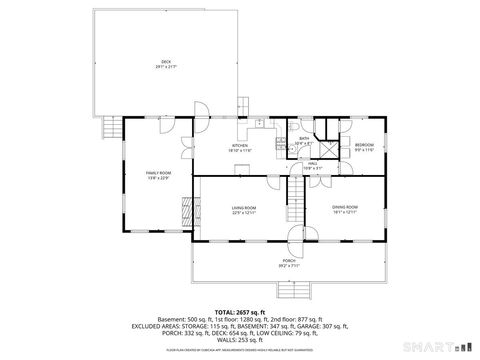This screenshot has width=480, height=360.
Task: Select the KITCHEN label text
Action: click(240, 147)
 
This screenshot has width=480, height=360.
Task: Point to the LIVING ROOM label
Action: click(245, 208)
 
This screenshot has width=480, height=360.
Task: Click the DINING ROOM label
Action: click(345, 208)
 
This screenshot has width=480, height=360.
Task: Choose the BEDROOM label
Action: click(363, 147)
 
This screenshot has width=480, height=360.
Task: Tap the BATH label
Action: click(303, 141)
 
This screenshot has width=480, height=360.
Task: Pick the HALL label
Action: click(313, 166)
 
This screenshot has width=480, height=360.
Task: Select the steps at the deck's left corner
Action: click(109, 127)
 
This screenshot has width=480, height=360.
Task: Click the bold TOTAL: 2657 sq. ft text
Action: click(239, 311)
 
